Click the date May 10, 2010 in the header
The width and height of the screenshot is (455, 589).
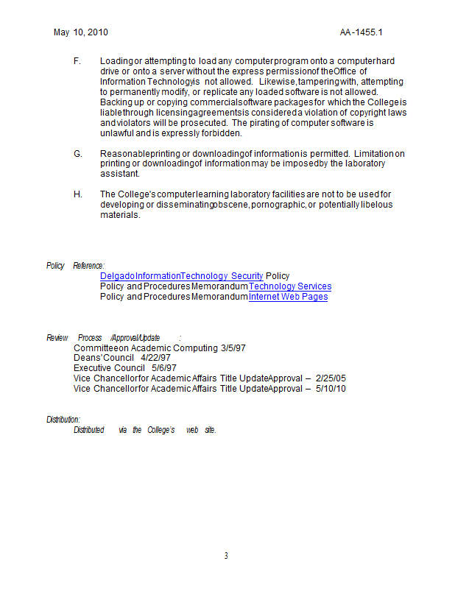pos(81,33)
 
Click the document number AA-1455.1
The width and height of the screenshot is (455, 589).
pos(361,33)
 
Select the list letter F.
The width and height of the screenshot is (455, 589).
pos(77,60)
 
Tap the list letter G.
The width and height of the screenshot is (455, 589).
pos(78,153)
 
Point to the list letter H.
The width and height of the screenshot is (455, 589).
pos(78,194)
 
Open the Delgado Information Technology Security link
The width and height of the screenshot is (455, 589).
pos(181,276)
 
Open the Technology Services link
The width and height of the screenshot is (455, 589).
pos(290,286)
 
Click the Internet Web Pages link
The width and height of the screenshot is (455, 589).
pos(288,297)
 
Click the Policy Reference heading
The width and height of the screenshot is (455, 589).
pos(75,266)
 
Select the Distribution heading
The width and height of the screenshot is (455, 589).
pos(63,420)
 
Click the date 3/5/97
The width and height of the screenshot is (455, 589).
pos(233,348)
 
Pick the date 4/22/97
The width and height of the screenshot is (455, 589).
pos(155,358)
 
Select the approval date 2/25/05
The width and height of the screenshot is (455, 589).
pos(331,378)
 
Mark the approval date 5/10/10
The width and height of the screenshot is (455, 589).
pos(331,389)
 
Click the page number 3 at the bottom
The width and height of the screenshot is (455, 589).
pos(227,556)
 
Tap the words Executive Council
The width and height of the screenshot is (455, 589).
pos(109,368)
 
